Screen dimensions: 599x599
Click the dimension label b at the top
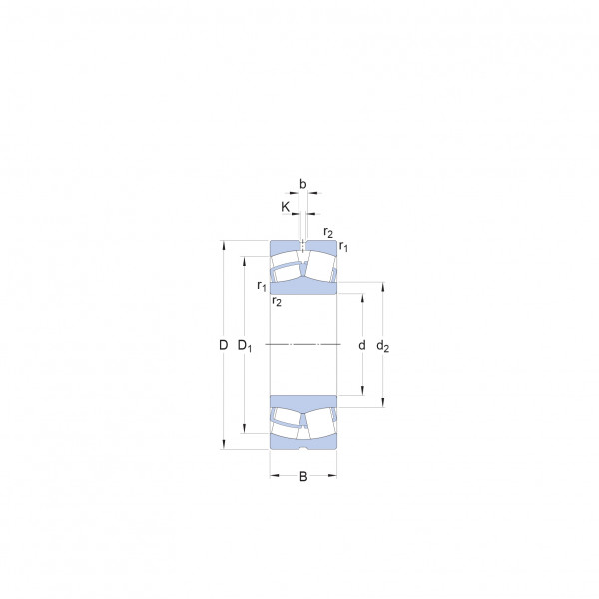[x=302, y=184]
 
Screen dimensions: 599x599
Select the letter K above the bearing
[x=285, y=207]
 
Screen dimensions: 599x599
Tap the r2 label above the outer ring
[x=328, y=232]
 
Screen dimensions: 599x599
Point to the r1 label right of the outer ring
[x=343, y=246]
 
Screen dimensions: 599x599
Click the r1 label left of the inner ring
[x=262, y=285]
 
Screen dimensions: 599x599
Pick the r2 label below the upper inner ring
[x=277, y=301]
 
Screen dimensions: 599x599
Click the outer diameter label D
[x=223, y=345]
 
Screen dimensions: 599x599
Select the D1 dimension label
[x=245, y=346]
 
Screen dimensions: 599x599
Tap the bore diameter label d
[x=362, y=345]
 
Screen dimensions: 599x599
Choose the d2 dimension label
[x=382, y=346]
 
